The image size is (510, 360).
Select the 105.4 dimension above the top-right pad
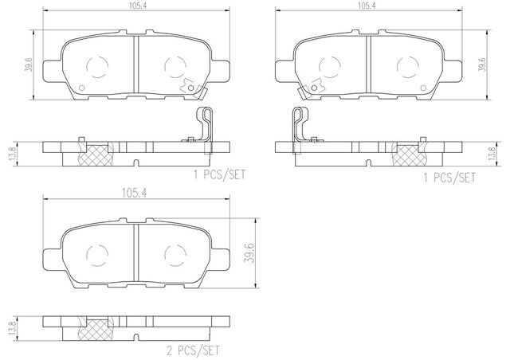[367, 6]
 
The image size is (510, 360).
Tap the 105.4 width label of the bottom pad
[135, 194]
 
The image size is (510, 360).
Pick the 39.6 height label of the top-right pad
[482, 65]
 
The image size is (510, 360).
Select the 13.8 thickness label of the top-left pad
[14, 154]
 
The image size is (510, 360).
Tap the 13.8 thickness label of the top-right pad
[492, 154]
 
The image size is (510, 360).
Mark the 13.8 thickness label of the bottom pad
[14, 328]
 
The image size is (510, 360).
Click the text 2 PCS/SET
[193, 350]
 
